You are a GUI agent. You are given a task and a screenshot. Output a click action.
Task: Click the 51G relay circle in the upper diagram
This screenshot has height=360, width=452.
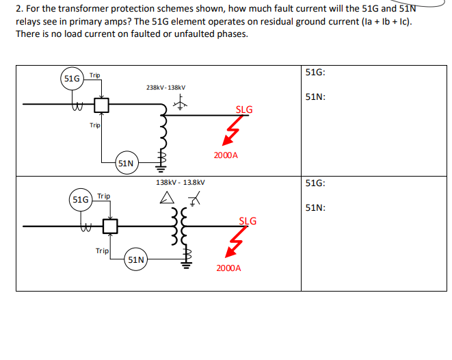[72, 79]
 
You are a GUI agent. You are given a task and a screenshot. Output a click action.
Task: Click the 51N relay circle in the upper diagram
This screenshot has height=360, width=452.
[126, 163]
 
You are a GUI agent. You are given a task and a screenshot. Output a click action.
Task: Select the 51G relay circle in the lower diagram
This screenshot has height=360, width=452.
[81, 200]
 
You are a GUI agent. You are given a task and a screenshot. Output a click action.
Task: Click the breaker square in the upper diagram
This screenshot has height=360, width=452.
[102, 105]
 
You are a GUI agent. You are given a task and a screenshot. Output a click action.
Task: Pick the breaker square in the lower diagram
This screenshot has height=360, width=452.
[110, 225]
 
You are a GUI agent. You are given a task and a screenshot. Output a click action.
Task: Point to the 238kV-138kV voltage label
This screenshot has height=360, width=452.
[165, 87]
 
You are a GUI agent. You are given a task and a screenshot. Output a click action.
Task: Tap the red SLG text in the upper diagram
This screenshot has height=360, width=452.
[244, 110]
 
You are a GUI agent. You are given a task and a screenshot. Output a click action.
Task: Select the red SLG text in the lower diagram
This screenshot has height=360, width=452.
[248, 220]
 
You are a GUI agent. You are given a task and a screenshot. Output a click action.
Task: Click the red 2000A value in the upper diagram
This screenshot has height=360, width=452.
[226, 155]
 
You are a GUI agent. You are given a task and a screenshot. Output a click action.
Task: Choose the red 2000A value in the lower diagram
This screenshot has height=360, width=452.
[228, 268]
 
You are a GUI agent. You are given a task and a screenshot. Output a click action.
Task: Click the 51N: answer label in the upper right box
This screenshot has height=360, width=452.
[315, 97]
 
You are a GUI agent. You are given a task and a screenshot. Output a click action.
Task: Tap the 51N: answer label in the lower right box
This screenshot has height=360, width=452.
[315, 207]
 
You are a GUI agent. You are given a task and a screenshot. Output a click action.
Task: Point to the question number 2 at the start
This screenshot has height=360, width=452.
[18, 8]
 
